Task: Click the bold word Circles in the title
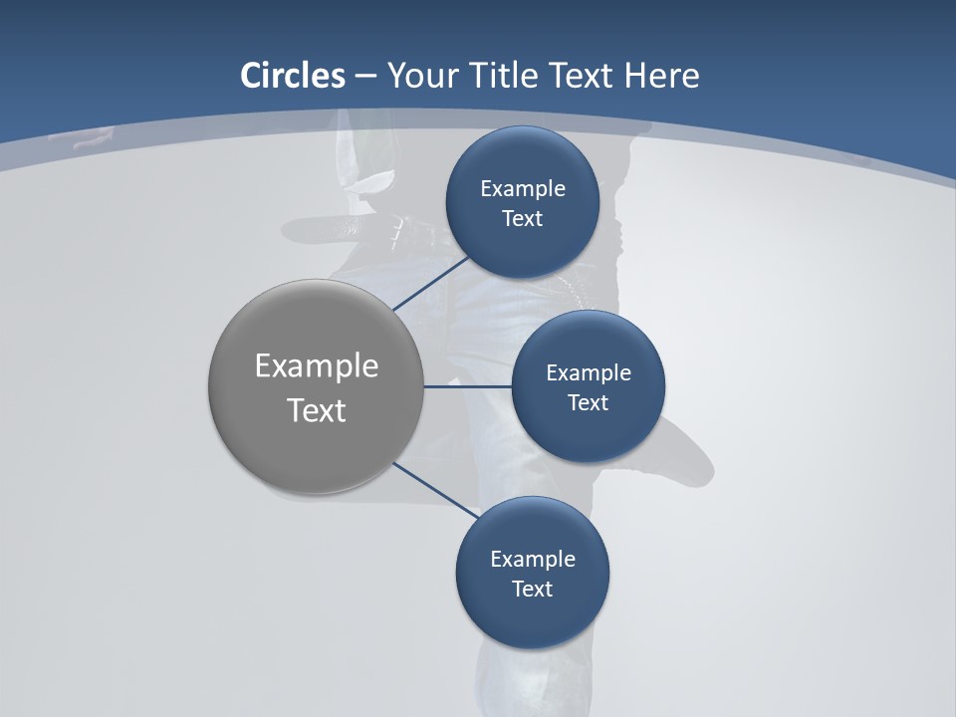[x=292, y=76]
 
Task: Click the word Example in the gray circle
[x=317, y=366]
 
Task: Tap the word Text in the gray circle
[x=317, y=410]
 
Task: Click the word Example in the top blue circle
[x=523, y=189]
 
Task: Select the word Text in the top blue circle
[x=522, y=219]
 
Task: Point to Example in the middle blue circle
[x=589, y=373]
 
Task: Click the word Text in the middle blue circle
[x=588, y=403]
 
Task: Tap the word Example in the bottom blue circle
[x=533, y=560]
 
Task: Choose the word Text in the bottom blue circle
[x=532, y=590]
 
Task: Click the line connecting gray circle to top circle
[x=433, y=284]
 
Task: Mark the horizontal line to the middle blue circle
[x=467, y=386]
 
